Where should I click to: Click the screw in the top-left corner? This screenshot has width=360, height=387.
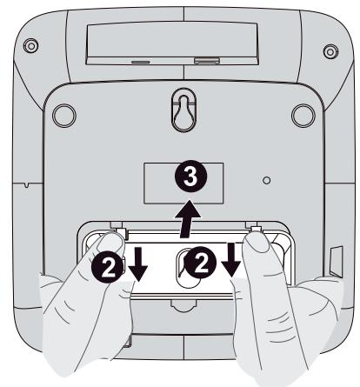coord(32,43)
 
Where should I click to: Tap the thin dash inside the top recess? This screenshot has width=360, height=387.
coord(139,62)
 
